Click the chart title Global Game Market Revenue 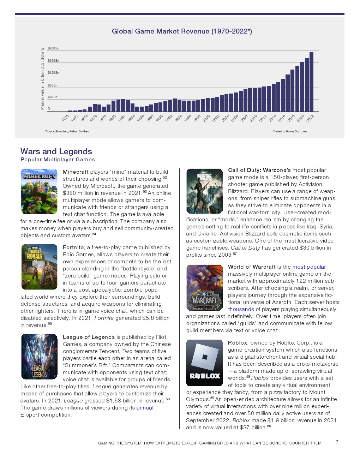tap(182, 31)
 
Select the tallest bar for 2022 tap(311, 82)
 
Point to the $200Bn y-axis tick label tap(53, 48)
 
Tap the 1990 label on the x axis tap(160, 118)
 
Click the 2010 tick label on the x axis tap(253, 118)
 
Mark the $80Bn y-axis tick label tap(53, 85)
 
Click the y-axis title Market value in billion tap(43, 79)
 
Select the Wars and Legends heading tap(56, 151)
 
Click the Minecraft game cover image tap(39, 191)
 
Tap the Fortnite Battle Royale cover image tap(39, 267)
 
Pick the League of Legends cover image tap(39, 357)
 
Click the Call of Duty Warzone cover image tap(204, 191)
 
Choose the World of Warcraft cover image tap(204, 288)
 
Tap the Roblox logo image tap(204, 363)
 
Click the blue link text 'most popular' tap(309, 267)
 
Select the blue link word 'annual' tap(145, 408)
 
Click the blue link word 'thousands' tap(241, 309)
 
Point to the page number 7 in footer tap(337, 442)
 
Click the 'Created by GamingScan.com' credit tap(289, 131)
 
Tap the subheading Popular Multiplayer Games tap(58, 160)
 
